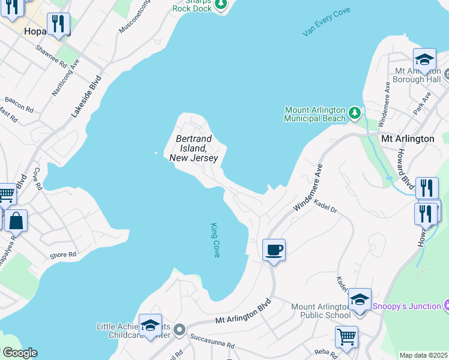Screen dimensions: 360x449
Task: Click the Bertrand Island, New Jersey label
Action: point(194,148)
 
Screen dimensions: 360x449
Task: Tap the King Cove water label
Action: point(215,240)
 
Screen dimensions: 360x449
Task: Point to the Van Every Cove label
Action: point(327,22)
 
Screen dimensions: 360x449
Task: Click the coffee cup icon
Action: point(274,249)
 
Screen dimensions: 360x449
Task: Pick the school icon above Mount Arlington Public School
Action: point(360,299)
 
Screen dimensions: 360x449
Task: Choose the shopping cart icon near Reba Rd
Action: point(346,337)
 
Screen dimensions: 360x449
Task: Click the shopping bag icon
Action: point(16,220)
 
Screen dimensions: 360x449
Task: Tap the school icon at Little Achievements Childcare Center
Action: point(150,325)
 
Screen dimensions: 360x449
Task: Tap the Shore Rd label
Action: point(63,255)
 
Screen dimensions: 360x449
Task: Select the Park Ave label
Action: point(423,104)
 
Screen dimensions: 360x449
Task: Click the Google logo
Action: point(19,353)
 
